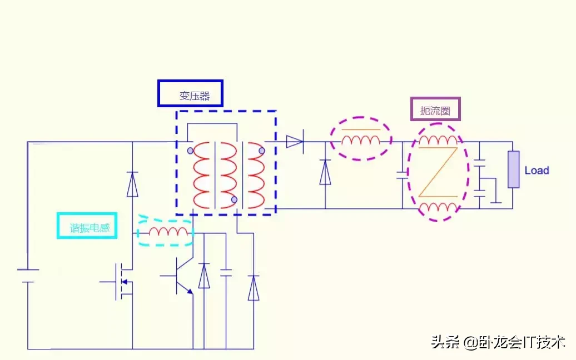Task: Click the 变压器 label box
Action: (x=190, y=93)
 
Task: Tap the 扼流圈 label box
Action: (x=435, y=109)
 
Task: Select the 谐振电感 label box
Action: (x=87, y=226)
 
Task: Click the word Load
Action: (x=537, y=171)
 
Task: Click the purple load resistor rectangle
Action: (x=513, y=169)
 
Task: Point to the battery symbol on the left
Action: (x=28, y=276)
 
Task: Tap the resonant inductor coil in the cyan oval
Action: (x=168, y=232)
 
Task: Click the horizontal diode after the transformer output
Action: (x=294, y=142)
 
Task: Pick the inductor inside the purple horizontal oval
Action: (x=361, y=139)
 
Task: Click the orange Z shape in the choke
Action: (x=438, y=172)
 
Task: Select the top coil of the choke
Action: (x=438, y=140)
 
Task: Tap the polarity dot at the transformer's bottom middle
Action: (x=234, y=199)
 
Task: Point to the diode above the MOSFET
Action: (x=132, y=184)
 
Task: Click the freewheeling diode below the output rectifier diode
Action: (x=325, y=173)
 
